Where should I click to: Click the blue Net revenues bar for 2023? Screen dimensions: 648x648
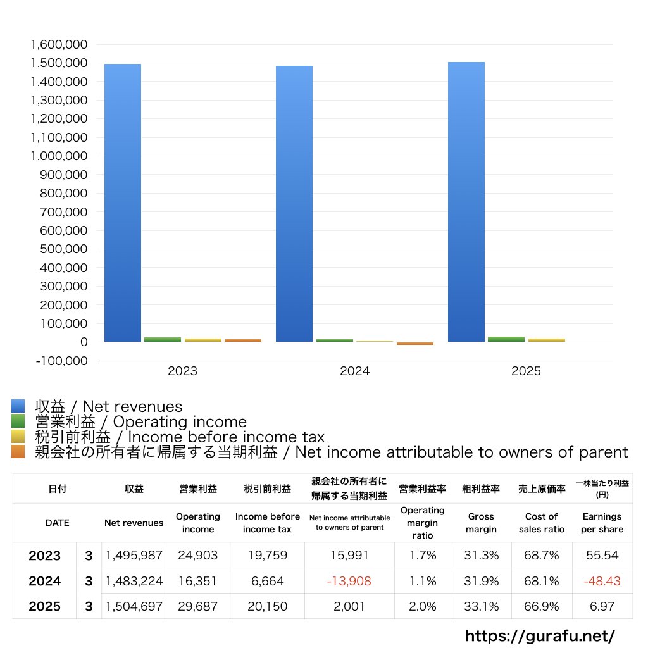coord(123,202)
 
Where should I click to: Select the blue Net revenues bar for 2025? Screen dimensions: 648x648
coord(466,202)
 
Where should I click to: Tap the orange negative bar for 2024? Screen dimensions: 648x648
coord(415,344)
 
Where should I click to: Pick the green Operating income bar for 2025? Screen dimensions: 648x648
coord(506,339)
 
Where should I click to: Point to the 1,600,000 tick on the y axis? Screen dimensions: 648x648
coord(58,45)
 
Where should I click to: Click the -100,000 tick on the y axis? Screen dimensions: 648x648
coord(58,361)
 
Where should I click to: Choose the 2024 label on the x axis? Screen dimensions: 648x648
coord(354,371)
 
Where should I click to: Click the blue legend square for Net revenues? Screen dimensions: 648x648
coord(18,406)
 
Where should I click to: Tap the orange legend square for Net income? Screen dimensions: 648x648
coord(18,452)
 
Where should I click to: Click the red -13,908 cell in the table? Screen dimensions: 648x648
coord(349,581)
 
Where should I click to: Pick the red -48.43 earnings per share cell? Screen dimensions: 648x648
coord(602,581)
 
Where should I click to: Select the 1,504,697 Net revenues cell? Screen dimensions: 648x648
coord(134,606)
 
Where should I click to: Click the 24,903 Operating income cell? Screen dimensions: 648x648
coord(197,556)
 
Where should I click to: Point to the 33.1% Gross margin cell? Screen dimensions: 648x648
coord(480,606)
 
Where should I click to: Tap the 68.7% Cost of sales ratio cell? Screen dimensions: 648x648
coord(541,556)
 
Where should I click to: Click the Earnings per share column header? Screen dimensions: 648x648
coord(602,523)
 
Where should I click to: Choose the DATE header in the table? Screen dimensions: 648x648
coord(57,523)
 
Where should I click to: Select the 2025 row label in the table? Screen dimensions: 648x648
coord(45,606)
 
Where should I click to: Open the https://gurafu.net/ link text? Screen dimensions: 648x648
coord(540,635)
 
